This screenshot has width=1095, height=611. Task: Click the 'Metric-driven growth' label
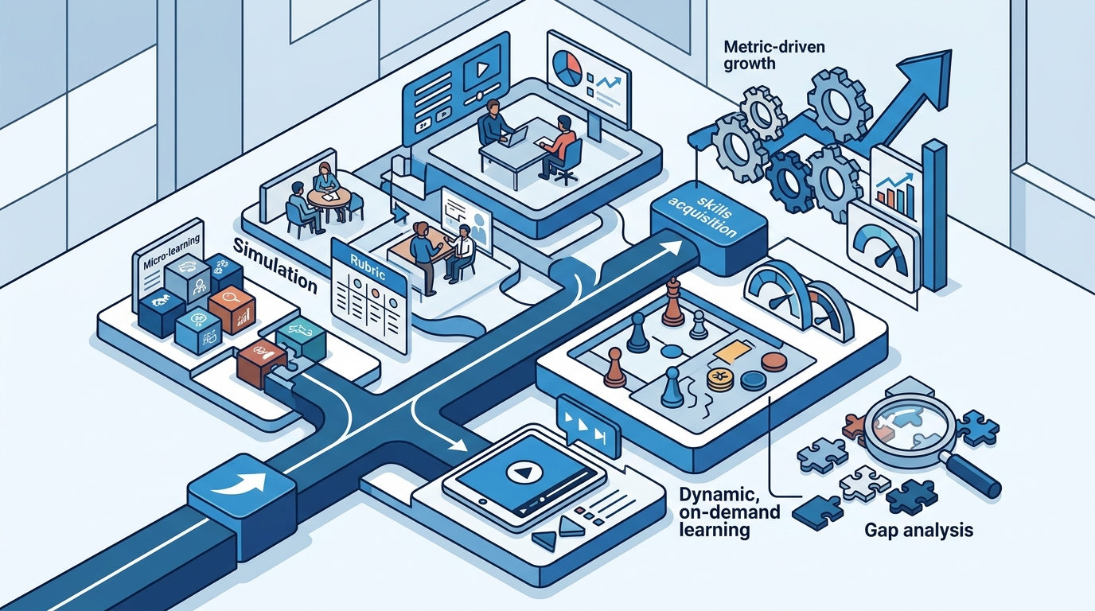click(x=774, y=55)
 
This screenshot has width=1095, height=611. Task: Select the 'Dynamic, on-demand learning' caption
click(x=730, y=512)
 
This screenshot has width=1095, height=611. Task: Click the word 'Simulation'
click(x=275, y=266)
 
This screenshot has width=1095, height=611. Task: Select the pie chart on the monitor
click(x=567, y=68)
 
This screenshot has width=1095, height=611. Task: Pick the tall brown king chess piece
click(x=672, y=302)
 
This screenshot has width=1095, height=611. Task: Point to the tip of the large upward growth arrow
click(x=951, y=50)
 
